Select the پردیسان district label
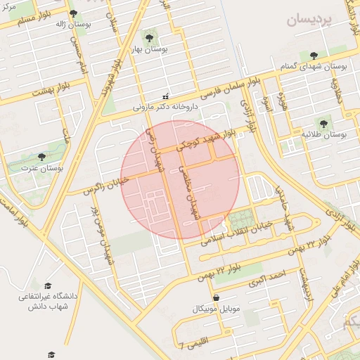(308, 20)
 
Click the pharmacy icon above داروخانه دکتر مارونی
(166, 96)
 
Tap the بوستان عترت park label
(41, 169)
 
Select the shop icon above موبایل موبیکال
(216, 297)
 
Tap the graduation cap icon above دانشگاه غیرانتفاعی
(48, 285)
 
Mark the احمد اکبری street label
(268, 278)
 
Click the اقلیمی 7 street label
(190, 345)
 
